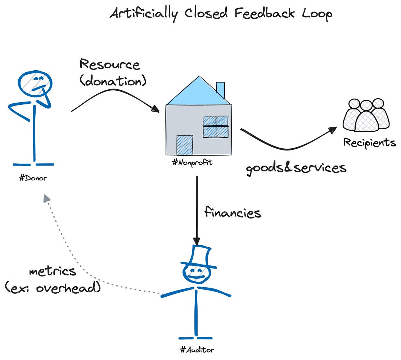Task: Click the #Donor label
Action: click(x=33, y=178)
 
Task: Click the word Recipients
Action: click(x=369, y=143)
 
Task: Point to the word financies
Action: click(x=233, y=212)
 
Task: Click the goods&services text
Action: click(x=296, y=168)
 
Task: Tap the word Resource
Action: click(x=109, y=65)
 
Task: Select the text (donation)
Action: click(x=113, y=81)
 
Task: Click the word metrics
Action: click(x=53, y=271)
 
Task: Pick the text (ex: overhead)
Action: click(x=53, y=288)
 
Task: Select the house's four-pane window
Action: click(x=215, y=126)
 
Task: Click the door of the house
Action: click(x=185, y=145)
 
